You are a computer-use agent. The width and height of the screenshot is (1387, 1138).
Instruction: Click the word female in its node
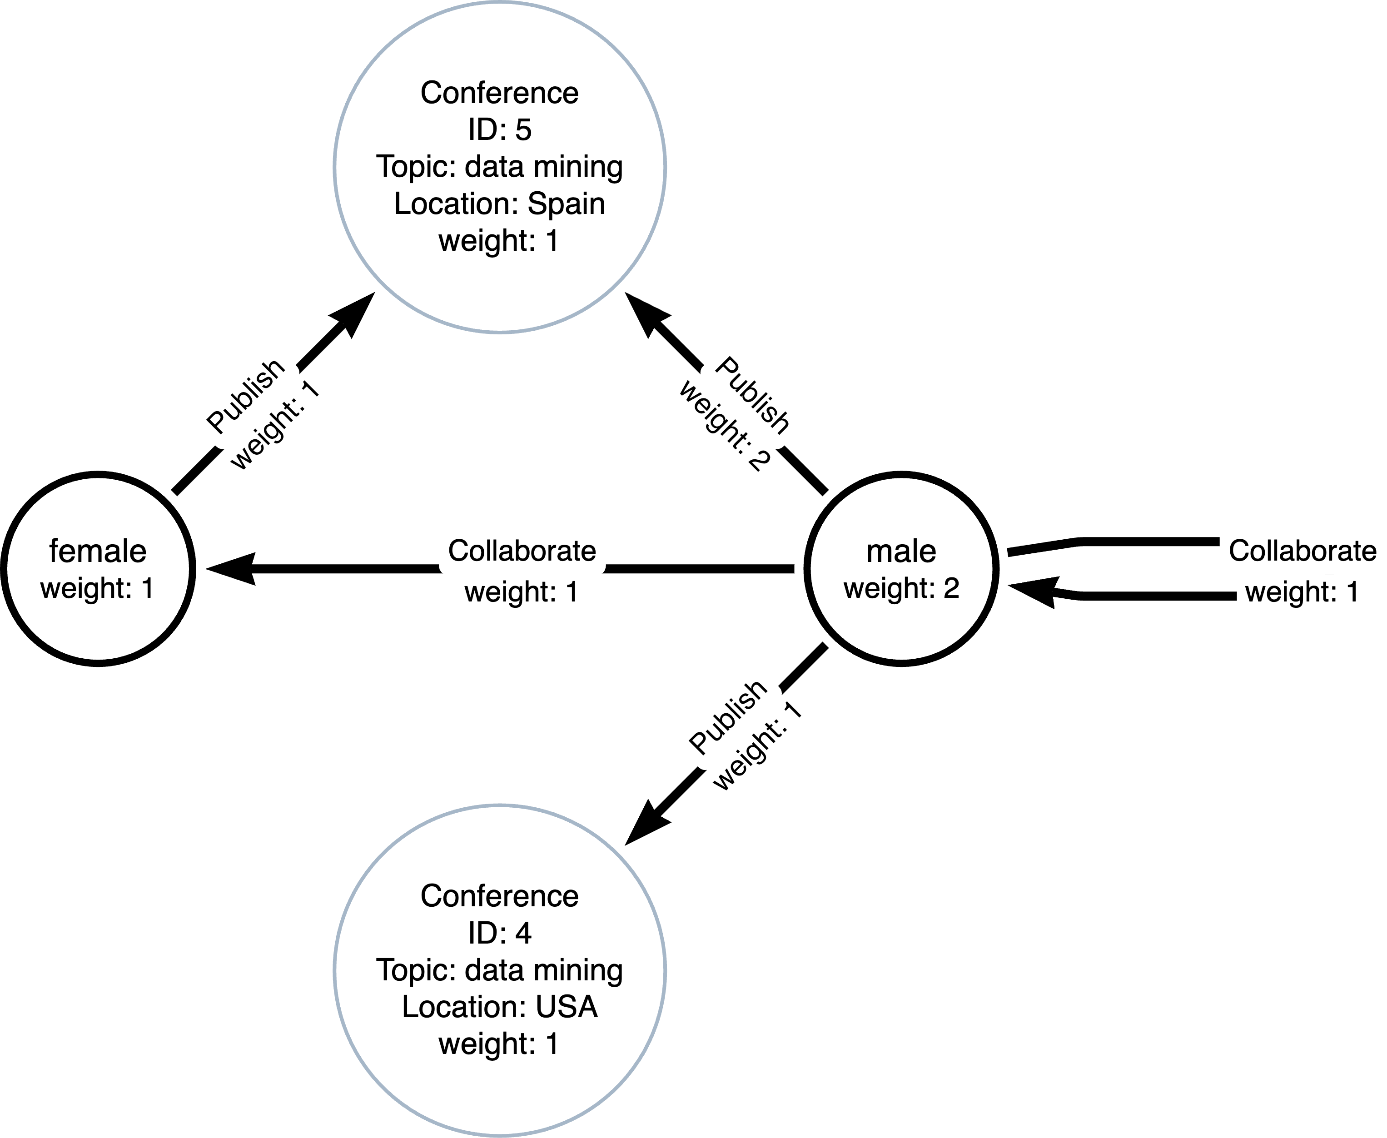98,552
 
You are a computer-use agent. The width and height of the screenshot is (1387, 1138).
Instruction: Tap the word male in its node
901,552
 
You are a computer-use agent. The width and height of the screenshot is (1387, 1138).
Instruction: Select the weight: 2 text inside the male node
901,588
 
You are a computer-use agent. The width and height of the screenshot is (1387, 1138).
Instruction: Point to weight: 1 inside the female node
98,588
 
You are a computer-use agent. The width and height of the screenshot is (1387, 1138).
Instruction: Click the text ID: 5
499,130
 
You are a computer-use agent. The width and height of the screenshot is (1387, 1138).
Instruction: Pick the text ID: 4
499,933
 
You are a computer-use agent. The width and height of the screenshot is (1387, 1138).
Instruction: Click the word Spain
567,204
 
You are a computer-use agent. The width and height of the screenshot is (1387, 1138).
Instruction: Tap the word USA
567,1007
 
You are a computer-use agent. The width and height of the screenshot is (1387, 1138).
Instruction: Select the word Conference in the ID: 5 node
499,93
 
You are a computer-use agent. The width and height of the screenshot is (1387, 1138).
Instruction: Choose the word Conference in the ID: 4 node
499,896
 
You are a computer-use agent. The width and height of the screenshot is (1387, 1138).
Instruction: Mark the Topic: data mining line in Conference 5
499,167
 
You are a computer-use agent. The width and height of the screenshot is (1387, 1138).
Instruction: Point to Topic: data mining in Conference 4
499,970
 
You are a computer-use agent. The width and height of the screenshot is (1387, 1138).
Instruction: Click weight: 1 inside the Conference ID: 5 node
499,241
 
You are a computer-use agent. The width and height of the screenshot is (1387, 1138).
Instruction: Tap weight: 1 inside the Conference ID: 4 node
499,1044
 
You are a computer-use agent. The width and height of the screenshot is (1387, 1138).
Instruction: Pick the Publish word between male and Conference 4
728,716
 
